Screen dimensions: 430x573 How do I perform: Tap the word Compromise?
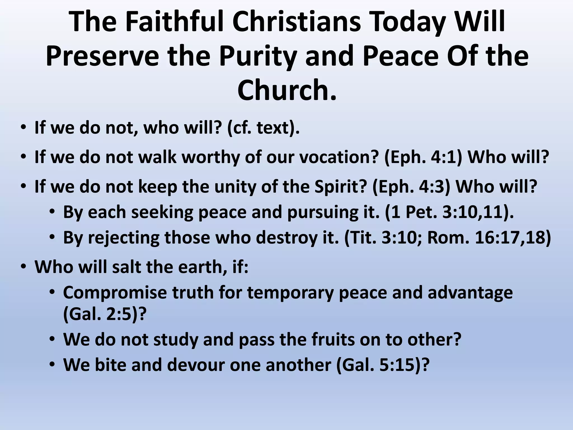115,293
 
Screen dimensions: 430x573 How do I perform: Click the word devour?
196,365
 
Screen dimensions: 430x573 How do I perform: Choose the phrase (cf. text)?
263,128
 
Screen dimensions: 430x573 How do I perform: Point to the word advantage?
470,293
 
